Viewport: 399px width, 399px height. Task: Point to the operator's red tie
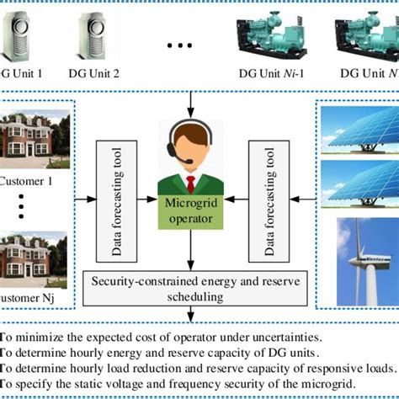191,184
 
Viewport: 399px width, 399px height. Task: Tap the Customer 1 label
29,180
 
